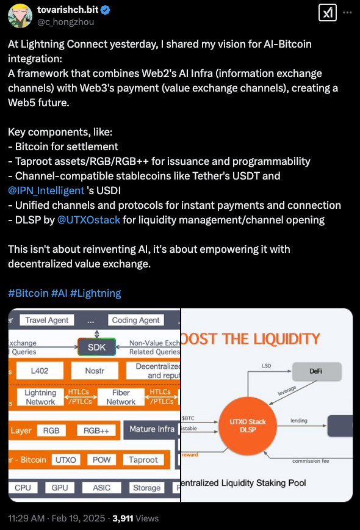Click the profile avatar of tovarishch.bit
coord(20,15)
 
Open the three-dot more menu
coord(347,12)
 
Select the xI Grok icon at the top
coord(326,13)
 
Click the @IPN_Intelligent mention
coord(46,191)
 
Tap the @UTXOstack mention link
coord(88,220)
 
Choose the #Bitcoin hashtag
coord(28,293)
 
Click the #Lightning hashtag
coord(96,293)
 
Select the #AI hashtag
coord(59,293)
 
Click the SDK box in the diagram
coord(96,347)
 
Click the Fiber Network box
coord(121,397)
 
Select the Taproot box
coord(143,460)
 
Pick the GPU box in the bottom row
coord(60,488)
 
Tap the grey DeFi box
coord(317,371)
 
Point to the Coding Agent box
coord(135,320)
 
